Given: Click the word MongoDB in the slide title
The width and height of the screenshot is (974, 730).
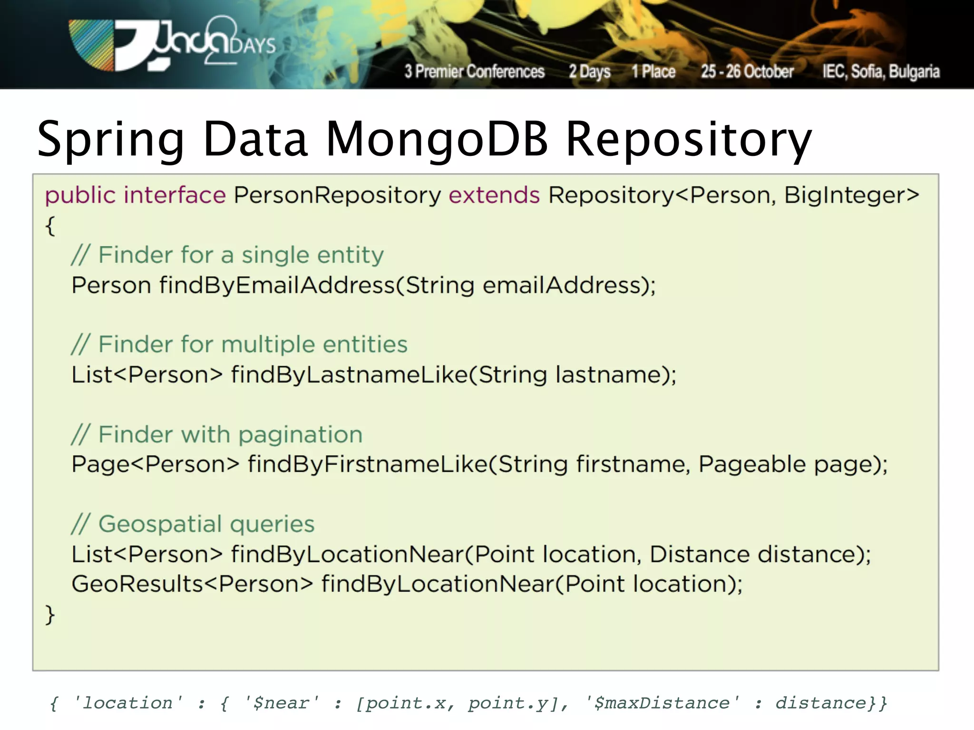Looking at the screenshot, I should point(437,139).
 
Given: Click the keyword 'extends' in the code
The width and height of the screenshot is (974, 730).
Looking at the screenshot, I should point(494,195).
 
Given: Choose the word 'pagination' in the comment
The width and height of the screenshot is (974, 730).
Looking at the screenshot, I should point(300,435).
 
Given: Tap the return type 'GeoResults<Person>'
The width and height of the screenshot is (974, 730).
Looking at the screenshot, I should point(192,584).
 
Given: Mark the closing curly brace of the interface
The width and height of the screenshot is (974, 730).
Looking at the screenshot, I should point(50,615).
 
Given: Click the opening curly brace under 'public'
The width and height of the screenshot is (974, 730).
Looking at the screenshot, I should point(50,226).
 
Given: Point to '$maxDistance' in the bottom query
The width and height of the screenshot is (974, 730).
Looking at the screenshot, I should point(662,703).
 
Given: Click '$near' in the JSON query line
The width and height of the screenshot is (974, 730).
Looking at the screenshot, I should point(281,703).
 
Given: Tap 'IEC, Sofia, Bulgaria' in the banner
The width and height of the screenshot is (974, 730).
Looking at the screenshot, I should point(881,71).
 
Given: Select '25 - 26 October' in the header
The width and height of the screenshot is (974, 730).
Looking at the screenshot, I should point(747,71).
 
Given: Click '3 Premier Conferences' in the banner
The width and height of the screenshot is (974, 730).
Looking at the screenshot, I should point(474,71).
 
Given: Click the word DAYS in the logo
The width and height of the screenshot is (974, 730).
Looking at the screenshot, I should point(253,46).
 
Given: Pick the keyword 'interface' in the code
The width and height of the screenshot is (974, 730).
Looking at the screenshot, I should point(175,195).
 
